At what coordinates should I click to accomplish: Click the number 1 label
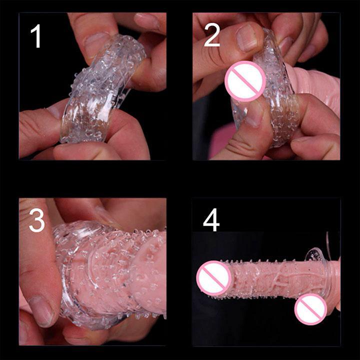pyautogui.click(x=36, y=36)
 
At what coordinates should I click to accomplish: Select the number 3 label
pyautogui.click(x=36, y=220)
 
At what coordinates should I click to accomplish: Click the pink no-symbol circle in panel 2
pyautogui.click(x=245, y=81)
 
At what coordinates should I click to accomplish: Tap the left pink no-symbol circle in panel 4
pyautogui.click(x=214, y=278)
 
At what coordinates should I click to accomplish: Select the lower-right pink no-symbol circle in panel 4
pyautogui.click(x=310, y=309)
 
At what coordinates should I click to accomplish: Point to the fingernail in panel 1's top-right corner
pyautogui.click(x=146, y=20)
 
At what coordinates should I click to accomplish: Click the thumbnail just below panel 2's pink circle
pyautogui.click(x=255, y=113)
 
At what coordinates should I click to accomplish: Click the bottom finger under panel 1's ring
pyautogui.click(x=92, y=151)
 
